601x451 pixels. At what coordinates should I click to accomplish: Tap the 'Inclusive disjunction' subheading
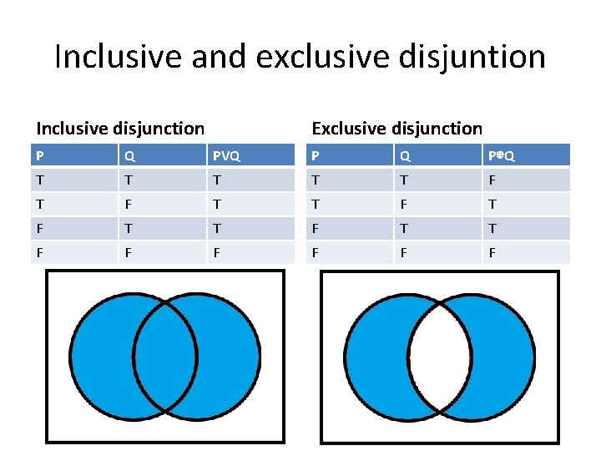120,128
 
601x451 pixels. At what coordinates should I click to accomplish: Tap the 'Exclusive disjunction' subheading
396,128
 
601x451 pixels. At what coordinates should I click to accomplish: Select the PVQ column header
226,155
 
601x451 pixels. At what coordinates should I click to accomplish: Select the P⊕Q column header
502,155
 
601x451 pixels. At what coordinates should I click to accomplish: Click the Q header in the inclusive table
129,155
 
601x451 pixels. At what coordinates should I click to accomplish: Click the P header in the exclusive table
315,155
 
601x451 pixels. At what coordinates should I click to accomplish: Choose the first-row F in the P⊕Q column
492,180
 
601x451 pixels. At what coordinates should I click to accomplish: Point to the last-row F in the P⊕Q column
492,252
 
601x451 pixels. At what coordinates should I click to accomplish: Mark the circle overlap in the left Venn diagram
165,355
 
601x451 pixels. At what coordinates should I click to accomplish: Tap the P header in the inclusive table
39,155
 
